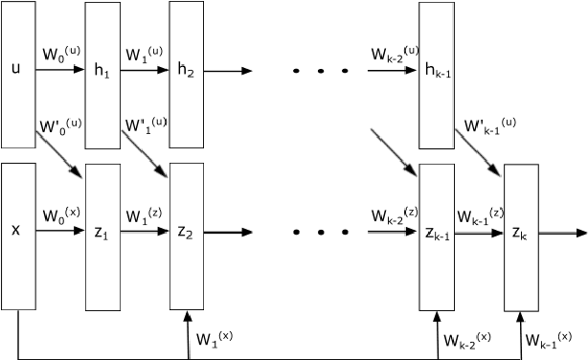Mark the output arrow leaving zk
pyautogui.click(x=560, y=232)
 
